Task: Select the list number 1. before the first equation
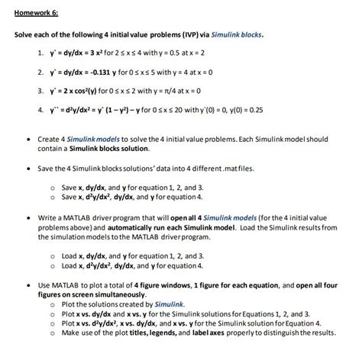pos(41,56)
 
